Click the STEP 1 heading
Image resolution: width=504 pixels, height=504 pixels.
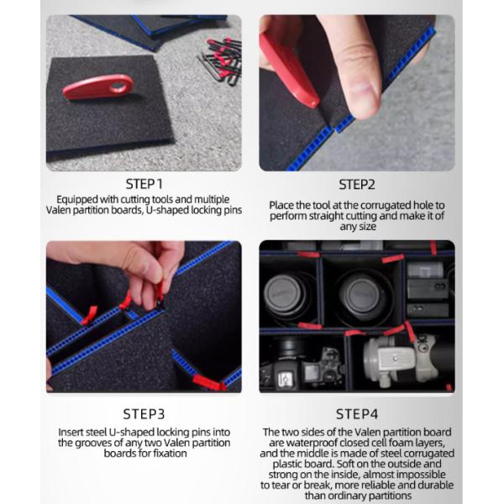(144, 184)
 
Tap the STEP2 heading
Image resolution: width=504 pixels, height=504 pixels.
(357, 185)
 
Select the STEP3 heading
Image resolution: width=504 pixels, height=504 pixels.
(144, 414)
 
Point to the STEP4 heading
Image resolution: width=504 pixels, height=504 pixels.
(357, 414)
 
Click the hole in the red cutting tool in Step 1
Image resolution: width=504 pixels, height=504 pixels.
(118, 87)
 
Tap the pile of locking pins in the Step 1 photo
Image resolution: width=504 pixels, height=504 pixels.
(221, 60)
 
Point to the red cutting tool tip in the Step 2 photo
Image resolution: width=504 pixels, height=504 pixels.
(312, 102)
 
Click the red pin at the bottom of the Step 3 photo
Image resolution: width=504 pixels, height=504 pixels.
(208, 382)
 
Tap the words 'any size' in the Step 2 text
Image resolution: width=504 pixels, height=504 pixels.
(358, 227)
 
